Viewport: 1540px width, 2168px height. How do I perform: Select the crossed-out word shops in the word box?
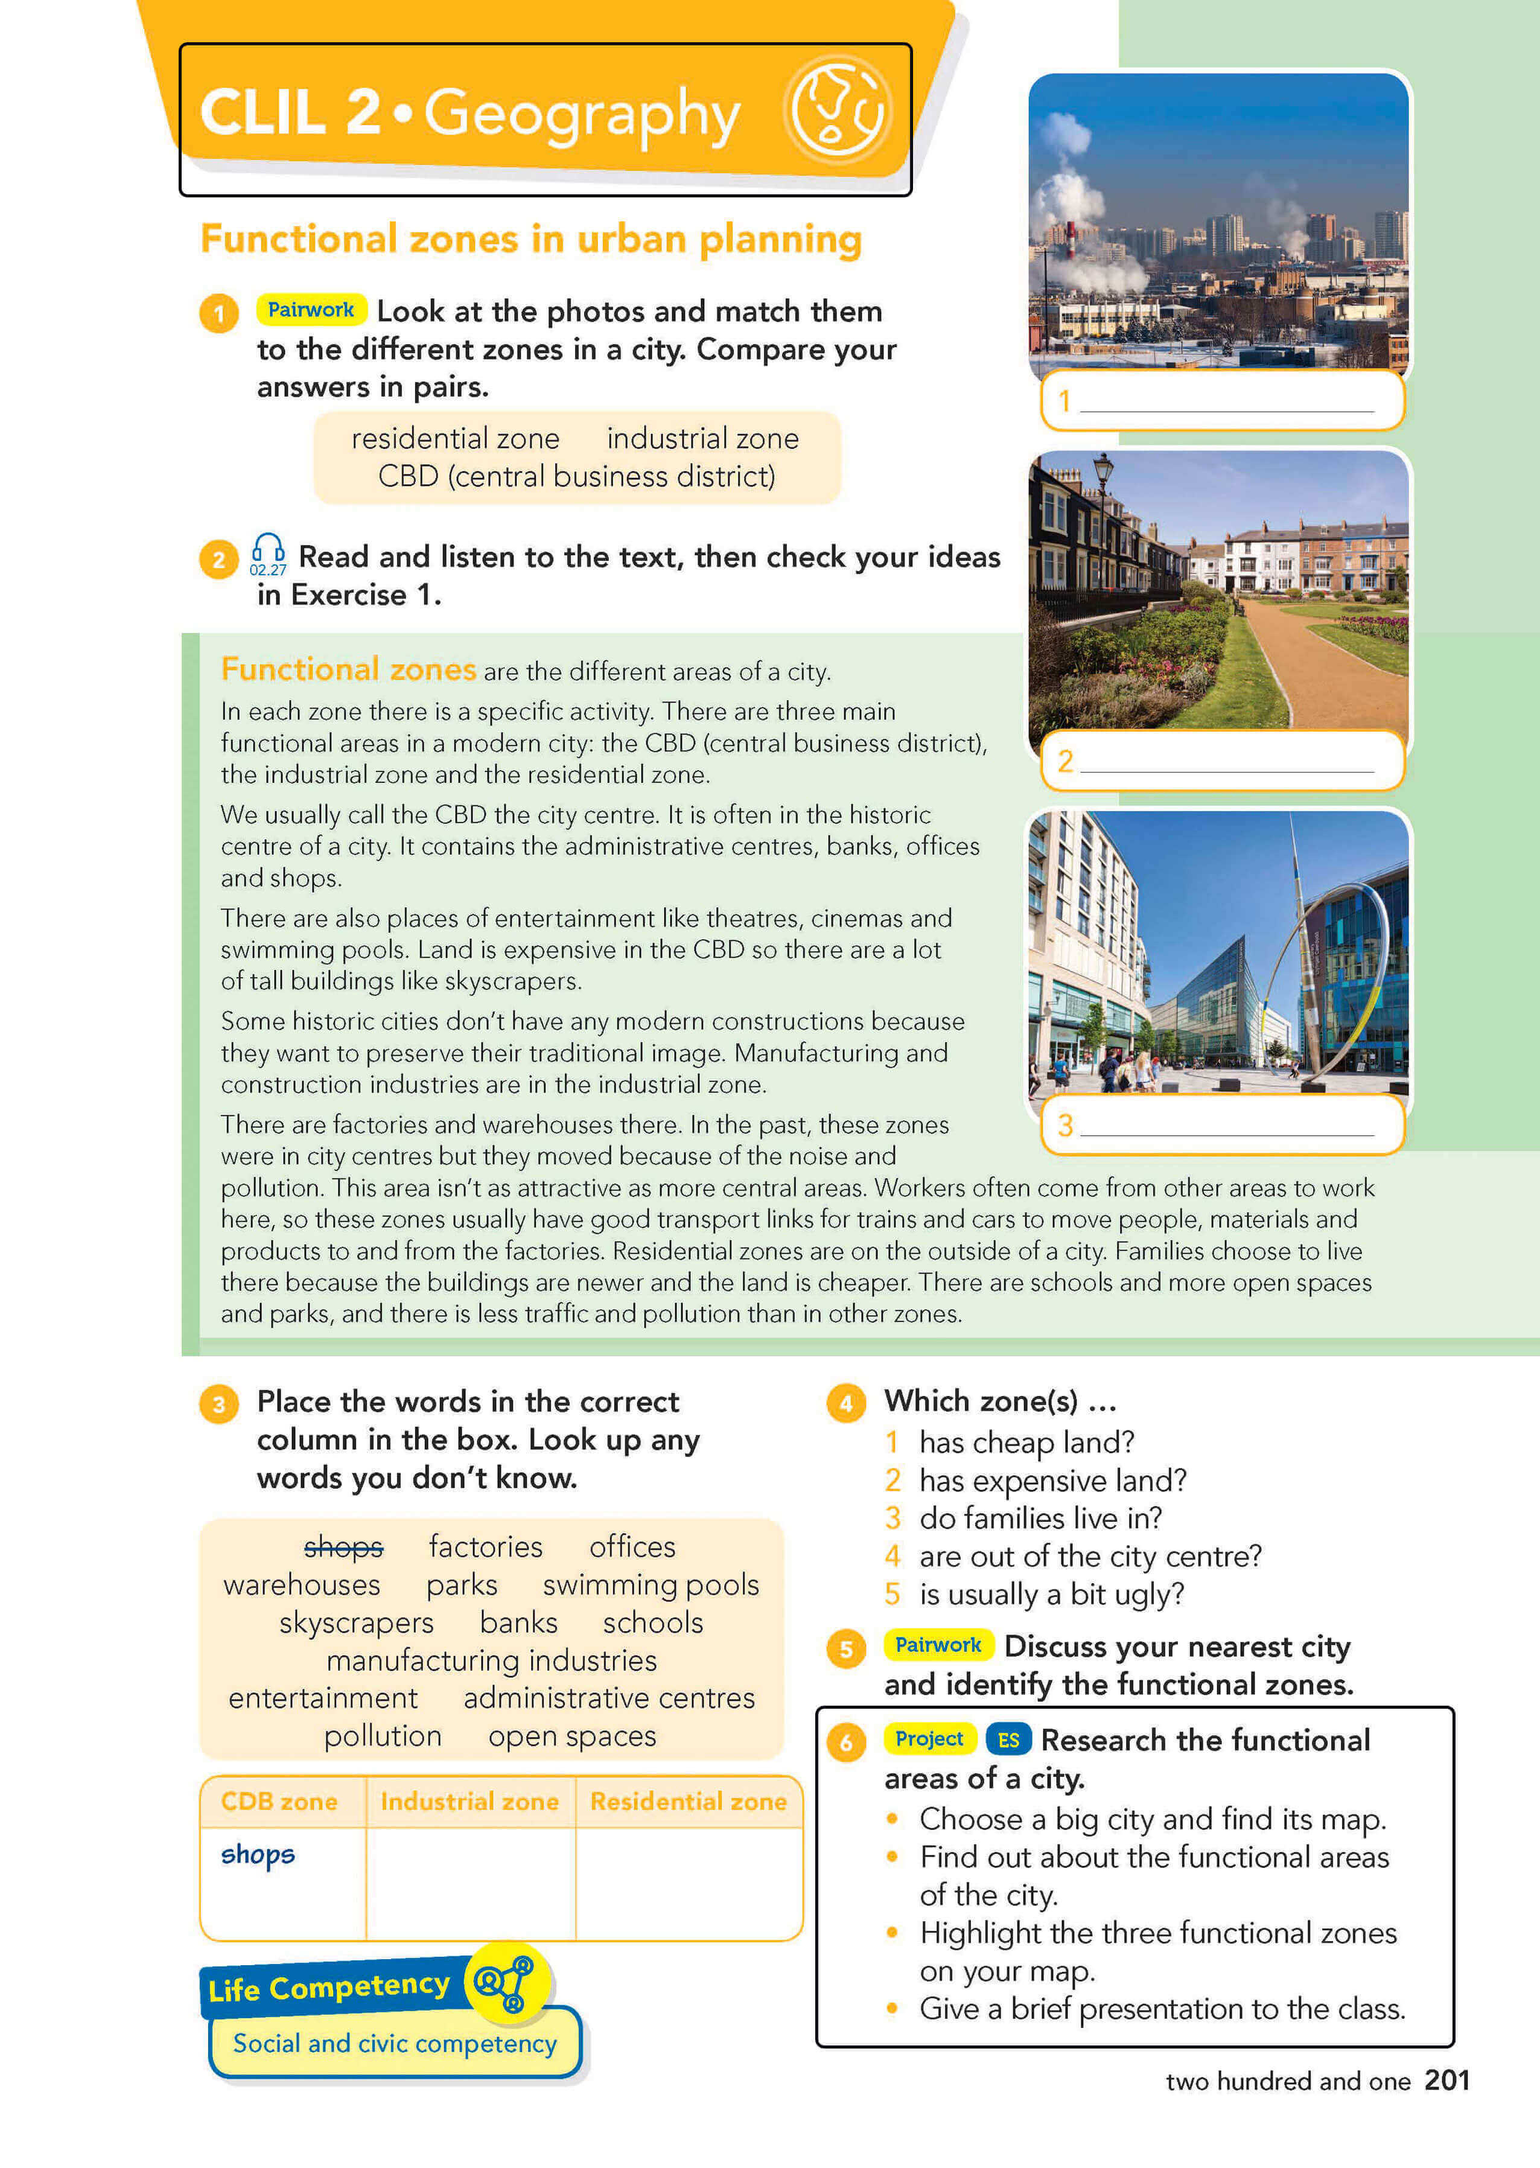click(x=343, y=1547)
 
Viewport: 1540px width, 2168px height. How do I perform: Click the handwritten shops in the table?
click(x=258, y=1854)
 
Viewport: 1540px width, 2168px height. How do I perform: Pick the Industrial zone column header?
click(x=469, y=1801)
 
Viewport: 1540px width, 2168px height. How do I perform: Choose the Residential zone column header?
click(x=689, y=1801)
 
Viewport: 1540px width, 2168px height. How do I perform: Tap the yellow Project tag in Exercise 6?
click(x=929, y=1738)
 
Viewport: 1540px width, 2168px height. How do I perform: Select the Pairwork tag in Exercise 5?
click(x=938, y=1645)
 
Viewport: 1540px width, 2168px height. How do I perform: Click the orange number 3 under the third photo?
click(x=1065, y=1125)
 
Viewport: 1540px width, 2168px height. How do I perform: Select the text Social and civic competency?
click(x=395, y=2043)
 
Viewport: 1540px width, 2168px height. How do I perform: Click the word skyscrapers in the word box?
click(x=357, y=1623)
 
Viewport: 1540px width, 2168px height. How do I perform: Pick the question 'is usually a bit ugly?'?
click(x=1052, y=1594)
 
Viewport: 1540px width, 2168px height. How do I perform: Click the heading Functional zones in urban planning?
click(x=531, y=239)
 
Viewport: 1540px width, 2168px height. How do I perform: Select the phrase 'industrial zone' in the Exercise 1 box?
click(x=702, y=438)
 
